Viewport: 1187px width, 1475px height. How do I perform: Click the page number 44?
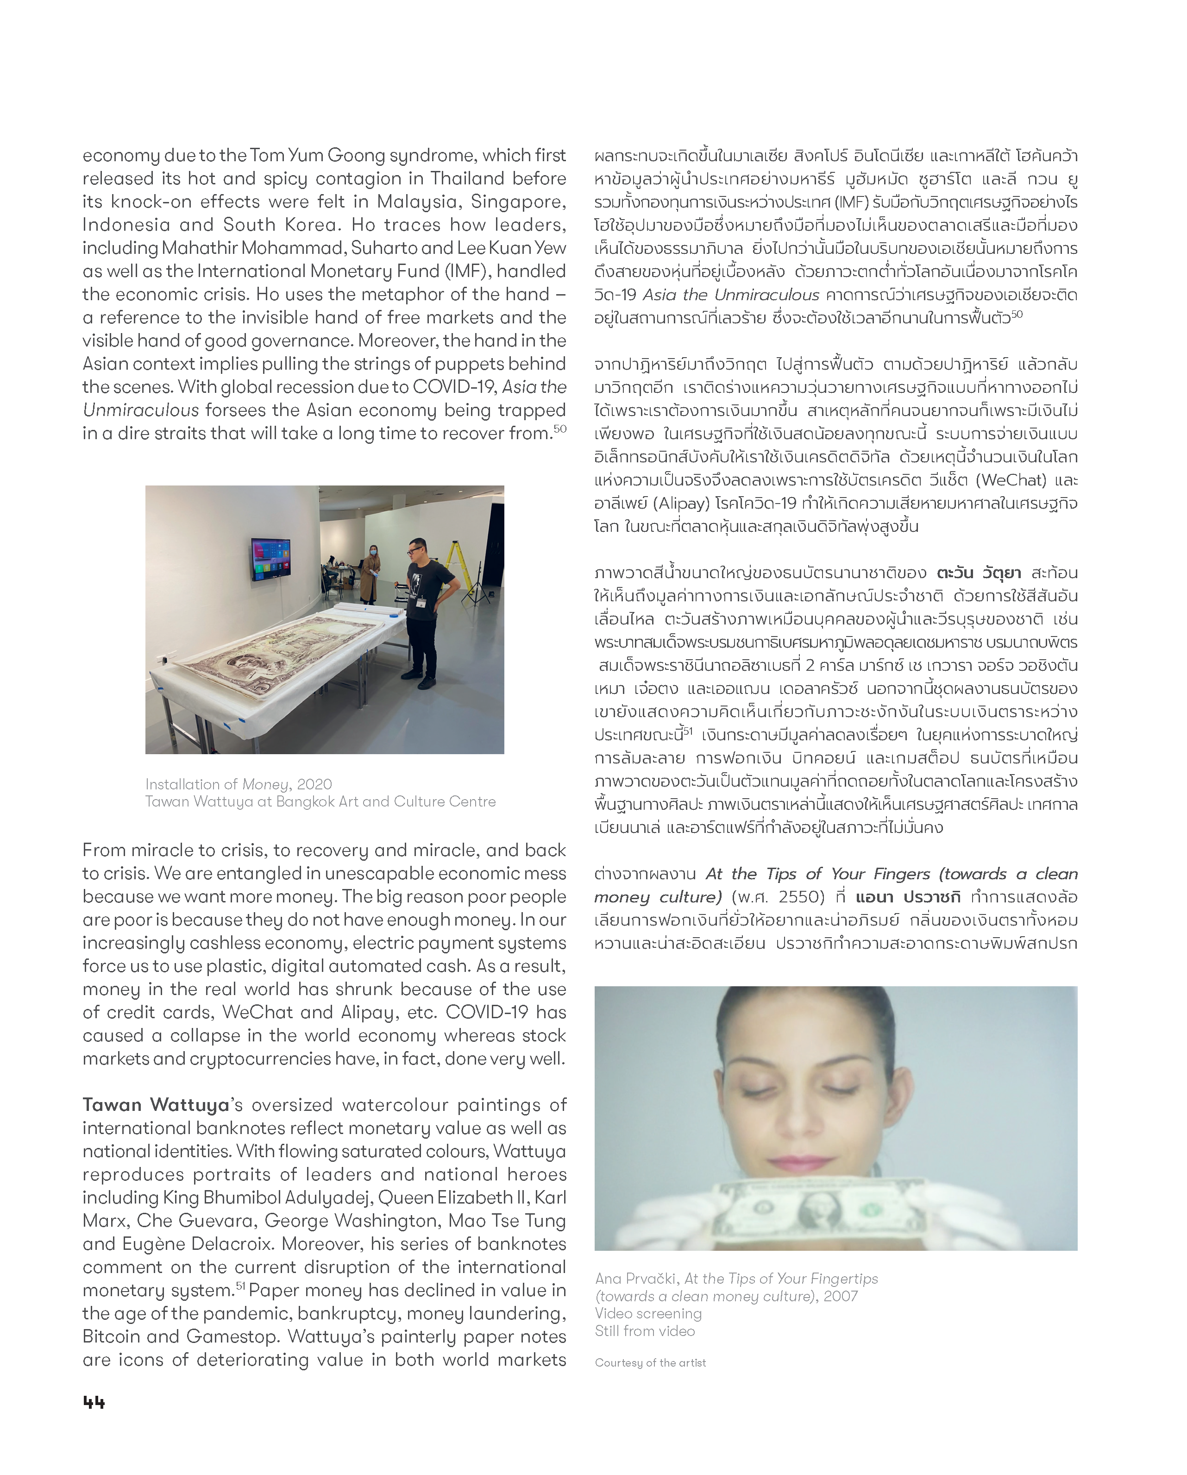(94, 1402)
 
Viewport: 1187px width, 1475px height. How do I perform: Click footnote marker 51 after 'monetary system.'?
(240, 1286)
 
